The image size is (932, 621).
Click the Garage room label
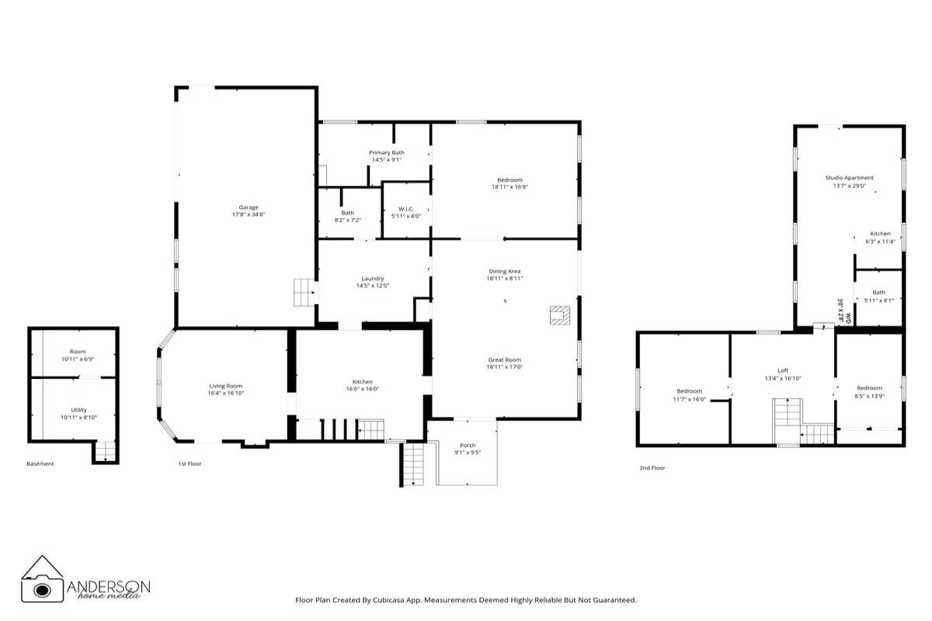249,207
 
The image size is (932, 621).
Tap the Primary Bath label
386,153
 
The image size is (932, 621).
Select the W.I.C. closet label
406,209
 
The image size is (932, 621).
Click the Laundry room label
373,279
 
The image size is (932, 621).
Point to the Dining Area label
504,271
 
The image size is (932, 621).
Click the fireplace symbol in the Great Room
560,314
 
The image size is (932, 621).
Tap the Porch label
467,446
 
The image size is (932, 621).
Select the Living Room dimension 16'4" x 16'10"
226,394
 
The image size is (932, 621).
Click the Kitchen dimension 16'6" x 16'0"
363,390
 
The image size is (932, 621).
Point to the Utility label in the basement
78,410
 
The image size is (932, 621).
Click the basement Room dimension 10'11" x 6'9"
78,359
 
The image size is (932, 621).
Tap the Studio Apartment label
849,178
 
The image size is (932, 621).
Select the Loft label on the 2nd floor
783,371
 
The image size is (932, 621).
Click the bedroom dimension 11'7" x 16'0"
689,399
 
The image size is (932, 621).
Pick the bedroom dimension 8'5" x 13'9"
869,396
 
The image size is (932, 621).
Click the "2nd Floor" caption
652,468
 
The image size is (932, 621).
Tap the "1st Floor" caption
190,463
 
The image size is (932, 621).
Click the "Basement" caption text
40,464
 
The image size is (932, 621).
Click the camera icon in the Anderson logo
42,588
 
